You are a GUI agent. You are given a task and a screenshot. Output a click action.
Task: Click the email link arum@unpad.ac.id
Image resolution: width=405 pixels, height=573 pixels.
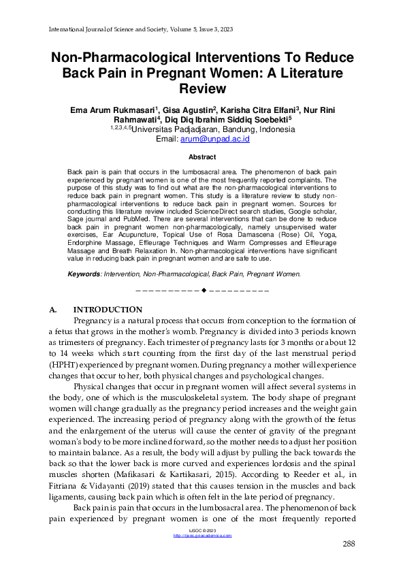[x=205, y=139]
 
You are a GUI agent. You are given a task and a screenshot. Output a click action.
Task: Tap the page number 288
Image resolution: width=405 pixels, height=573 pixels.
[x=347, y=543]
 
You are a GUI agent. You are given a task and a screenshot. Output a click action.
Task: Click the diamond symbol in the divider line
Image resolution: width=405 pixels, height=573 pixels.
[x=204, y=291]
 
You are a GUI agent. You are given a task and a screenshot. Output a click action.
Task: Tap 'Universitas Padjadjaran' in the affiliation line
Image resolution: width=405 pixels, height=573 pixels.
[x=174, y=129]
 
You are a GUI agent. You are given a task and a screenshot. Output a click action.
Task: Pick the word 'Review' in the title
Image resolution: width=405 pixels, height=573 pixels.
[x=202, y=88]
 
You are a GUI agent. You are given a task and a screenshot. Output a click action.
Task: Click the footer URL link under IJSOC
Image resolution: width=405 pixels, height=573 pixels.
[x=202, y=536]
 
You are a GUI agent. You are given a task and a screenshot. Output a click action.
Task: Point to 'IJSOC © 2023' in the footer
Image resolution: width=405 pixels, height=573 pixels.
[x=202, y=530]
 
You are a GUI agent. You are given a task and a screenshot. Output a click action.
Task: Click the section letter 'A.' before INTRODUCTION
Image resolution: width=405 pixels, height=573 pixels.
[x=54, y=310]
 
